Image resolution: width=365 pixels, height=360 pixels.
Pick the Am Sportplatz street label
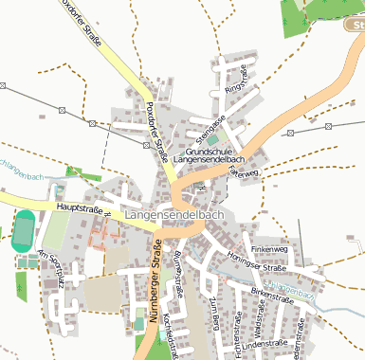tap(50, 268)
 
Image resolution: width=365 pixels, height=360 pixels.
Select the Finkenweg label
tap(268, 248)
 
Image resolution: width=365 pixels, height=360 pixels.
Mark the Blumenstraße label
tap(176, 275)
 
